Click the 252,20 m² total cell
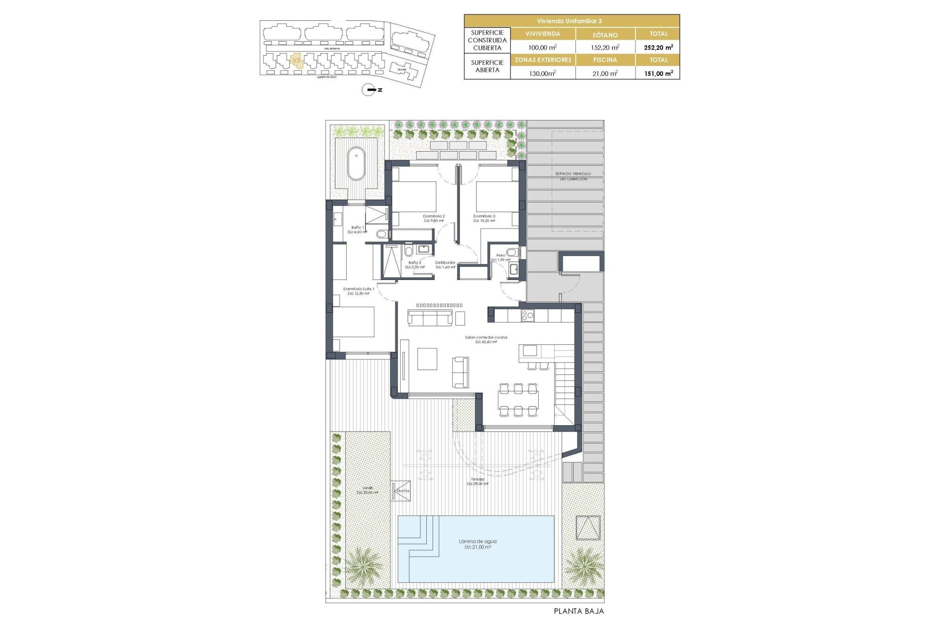[658, 47]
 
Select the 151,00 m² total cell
[658, 73]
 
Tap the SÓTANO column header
[605, 34]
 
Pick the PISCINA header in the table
[605, 60]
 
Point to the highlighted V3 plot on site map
[296, 61]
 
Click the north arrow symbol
[370, 90]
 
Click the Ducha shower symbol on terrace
[402, 490]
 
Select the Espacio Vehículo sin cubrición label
[573, 176]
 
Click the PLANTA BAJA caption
[579, 611]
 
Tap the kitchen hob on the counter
[527, 316]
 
